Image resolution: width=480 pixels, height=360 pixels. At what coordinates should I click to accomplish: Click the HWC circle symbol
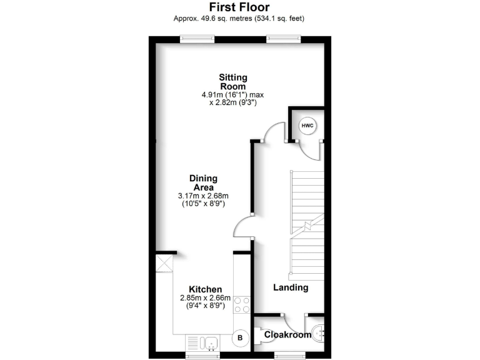click(307, 126)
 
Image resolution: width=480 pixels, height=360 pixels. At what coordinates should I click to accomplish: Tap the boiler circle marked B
click(239, 338)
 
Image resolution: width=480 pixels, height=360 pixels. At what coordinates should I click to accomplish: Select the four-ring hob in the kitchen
click(242, 305)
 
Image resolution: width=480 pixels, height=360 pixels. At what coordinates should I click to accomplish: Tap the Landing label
click(291, 288)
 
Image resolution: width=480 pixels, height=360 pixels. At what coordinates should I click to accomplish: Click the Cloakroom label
click(287, 335)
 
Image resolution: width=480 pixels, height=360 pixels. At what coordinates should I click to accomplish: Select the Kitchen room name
click(206, 289)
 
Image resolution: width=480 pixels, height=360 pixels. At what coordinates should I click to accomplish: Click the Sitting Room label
click(232, 82)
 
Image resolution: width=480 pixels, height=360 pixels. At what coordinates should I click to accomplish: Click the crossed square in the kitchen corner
click(164, 262)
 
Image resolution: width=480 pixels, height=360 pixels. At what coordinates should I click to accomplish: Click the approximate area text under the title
click(239, 18)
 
